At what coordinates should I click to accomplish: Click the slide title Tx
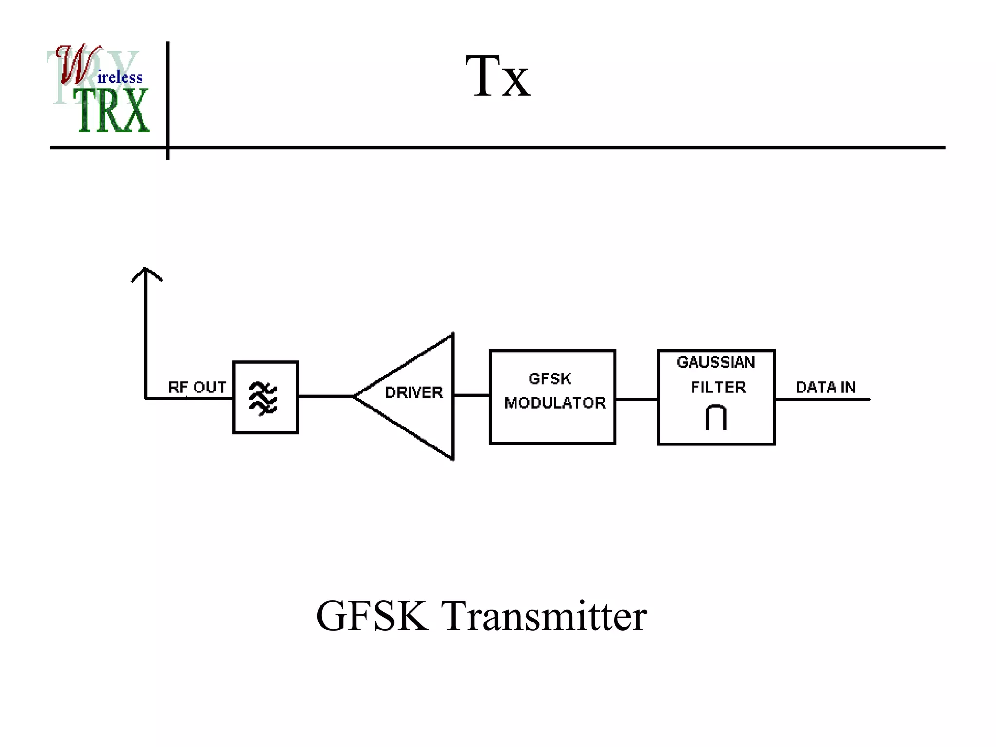[498, 77]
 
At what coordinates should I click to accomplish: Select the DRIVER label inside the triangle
[414, 392]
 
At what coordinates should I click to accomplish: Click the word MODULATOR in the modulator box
[555, 403]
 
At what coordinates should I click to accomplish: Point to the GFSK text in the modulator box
[550, 379]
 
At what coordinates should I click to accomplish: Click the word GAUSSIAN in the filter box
[716, 362]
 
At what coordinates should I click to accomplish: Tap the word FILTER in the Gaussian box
[718, 387]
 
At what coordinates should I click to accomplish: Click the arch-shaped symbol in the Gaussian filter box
[716, 417]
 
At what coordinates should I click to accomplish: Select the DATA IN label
[826, 387]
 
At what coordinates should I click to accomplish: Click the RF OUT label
[197, 387]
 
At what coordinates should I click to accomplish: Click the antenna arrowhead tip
[146, 269]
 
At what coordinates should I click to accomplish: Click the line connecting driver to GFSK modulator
[471, 395]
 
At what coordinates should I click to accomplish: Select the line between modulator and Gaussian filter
[636, 399]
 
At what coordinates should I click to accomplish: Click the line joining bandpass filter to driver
[325, 396]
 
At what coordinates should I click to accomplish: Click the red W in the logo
[75, 66]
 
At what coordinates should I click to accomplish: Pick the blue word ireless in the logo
[120, 77]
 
